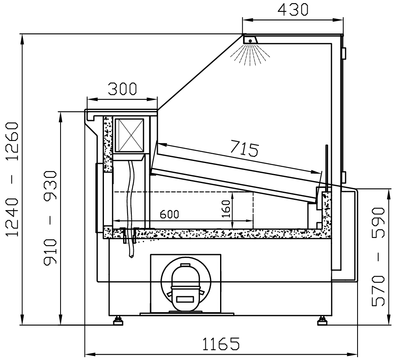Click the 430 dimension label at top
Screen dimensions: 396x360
pos(293,9)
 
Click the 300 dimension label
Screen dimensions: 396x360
pos(122,89)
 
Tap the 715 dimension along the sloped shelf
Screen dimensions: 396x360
pos(245,149)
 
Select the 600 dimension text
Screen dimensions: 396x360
pos(169,214)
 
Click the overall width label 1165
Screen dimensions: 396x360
pos(221,344)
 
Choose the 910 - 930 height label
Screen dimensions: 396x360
pos(50,218)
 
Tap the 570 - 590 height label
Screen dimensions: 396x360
pos(378,257)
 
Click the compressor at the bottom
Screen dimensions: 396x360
pos(186,286)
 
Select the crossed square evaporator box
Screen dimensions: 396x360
pos(129,135)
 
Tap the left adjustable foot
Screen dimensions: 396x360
pos(118,321)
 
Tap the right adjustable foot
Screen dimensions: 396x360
pos(322,321)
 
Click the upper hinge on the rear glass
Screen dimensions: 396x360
pos(344,53)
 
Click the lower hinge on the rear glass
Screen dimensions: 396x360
pos(344,177)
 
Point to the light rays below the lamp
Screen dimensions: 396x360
pos(250,55)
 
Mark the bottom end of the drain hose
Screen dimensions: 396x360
pos(131,257)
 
